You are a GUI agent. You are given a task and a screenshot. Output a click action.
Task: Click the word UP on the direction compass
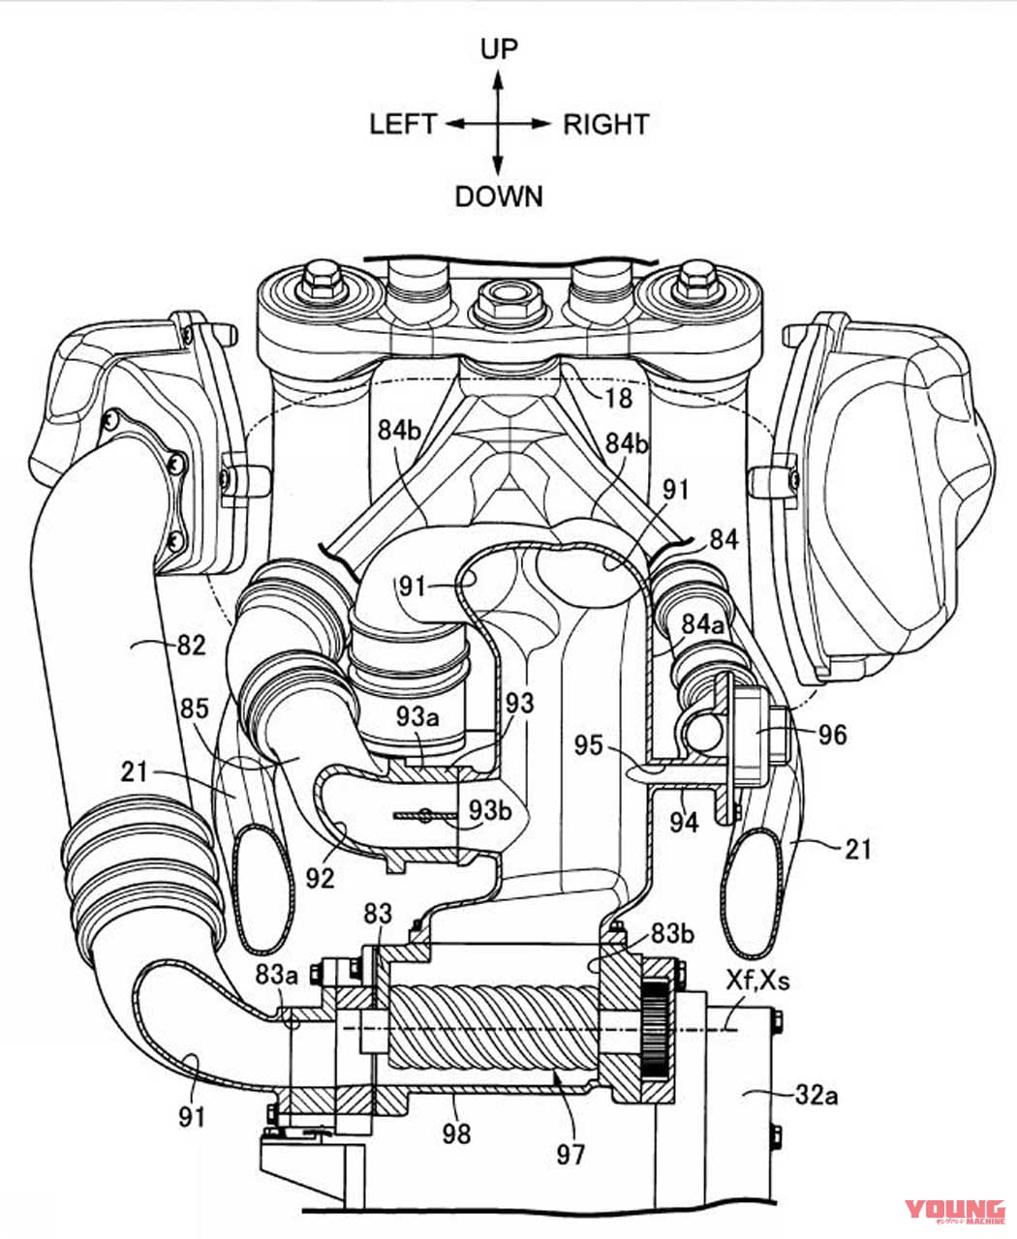point(498,49)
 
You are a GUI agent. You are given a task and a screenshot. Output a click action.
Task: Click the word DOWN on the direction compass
point(498,196)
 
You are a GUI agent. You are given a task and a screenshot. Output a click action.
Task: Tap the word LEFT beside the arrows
point(403,124)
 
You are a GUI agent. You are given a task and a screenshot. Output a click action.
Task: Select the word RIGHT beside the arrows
point(605,124)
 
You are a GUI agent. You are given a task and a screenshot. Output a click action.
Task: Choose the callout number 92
point(321,878)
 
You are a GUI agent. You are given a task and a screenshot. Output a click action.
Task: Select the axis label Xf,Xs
point(757,981)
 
